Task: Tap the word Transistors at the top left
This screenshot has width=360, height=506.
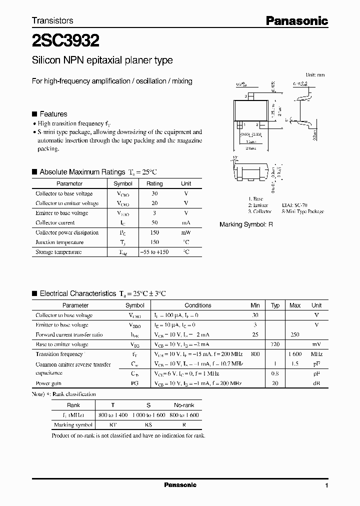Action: pos(52,20)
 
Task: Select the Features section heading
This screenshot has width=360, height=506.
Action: pos(53,114)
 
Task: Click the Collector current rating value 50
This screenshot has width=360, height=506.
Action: pos(154,222)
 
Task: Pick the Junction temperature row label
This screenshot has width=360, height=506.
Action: pos(59,242)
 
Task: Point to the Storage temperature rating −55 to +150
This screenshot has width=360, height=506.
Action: pos(154,252)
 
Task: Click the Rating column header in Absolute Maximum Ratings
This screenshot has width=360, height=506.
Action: pos(154,183)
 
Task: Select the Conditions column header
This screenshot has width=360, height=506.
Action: pos(198,305)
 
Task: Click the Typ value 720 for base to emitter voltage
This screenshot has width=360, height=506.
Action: pos(275,344)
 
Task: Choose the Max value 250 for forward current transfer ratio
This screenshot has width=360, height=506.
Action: pos(295,334)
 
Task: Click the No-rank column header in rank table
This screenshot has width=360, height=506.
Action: pos(184,405)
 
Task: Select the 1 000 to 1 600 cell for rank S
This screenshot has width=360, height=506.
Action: pos(148,415)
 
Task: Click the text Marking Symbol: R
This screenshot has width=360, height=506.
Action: pos(246,225)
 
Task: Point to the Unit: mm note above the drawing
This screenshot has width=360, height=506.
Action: pos(314,74)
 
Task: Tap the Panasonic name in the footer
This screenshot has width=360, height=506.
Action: pos(180,485)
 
